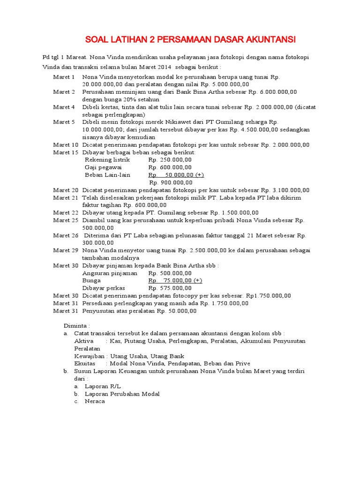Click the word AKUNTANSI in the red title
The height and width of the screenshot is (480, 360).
click(265, 38)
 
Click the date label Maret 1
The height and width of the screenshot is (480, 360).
click(64, 77)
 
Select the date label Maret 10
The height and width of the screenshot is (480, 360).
click(66, 145)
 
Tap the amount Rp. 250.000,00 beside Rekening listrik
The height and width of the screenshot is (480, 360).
click(170, 160)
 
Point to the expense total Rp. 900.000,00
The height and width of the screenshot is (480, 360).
click(170, 182)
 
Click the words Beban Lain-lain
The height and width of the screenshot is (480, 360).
click(107, 175)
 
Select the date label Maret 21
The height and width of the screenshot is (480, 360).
click(66, 197)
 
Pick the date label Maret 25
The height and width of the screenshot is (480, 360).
click(66, 220)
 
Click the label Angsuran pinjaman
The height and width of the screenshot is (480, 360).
click(110, 273)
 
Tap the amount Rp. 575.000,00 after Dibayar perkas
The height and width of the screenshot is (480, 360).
click(170, 288)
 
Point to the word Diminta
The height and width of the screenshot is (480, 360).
click(76, 325)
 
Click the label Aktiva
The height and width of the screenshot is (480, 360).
click(84, 341)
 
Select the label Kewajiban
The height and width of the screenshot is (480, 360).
click(90, 356)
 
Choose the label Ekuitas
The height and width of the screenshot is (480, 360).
click(85, 363)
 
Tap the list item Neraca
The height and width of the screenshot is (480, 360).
click(95, 401)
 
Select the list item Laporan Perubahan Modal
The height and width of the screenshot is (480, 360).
click(122, 394)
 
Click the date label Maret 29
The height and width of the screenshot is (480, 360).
click(66, 250)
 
